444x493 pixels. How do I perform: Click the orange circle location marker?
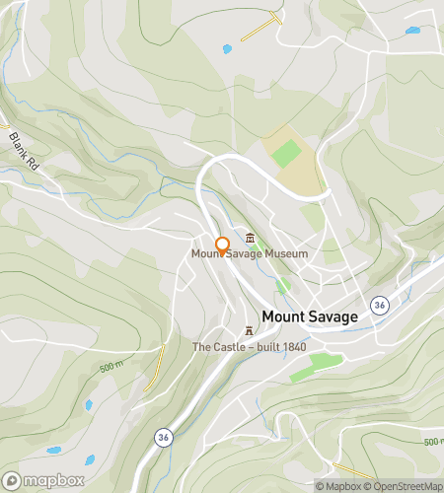pos(223,245)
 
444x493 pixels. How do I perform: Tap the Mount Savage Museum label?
pos(250,254)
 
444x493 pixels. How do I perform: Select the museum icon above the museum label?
pos(250,238)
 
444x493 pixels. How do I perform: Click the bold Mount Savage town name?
pos(309,317)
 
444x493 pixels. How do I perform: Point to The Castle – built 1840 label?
pos(249,347)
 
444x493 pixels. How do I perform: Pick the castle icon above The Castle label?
pos(249,331)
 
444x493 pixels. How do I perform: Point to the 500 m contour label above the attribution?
pos(432,442)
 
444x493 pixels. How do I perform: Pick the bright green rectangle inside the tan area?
pos(287,153)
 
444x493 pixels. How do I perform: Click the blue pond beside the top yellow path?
pos(227,48)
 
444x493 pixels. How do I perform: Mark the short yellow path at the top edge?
pos(261,28)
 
